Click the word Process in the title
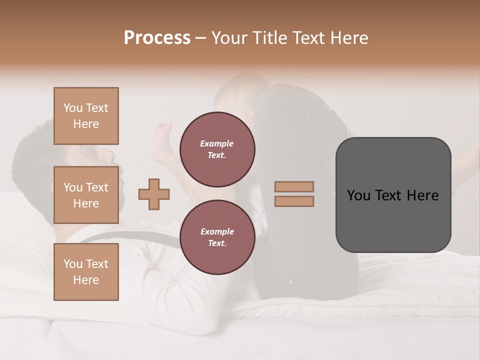[x=157, y=38]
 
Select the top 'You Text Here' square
[x=86, y=116]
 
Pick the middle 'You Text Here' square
[x=86, y=195]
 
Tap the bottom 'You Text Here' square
[x=86, y=271]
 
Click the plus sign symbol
[x=154, y=194]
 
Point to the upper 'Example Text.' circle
[x=217, y=149]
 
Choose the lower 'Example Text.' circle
[x=217, y=237]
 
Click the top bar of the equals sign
[x=294, y=186]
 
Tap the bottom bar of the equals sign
[x=294, y=201]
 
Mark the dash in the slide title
[x=201, y=38]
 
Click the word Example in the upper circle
[x=217, y=143]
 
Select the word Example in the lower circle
[x=217, y=231]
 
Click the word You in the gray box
[x=358, y=195]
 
